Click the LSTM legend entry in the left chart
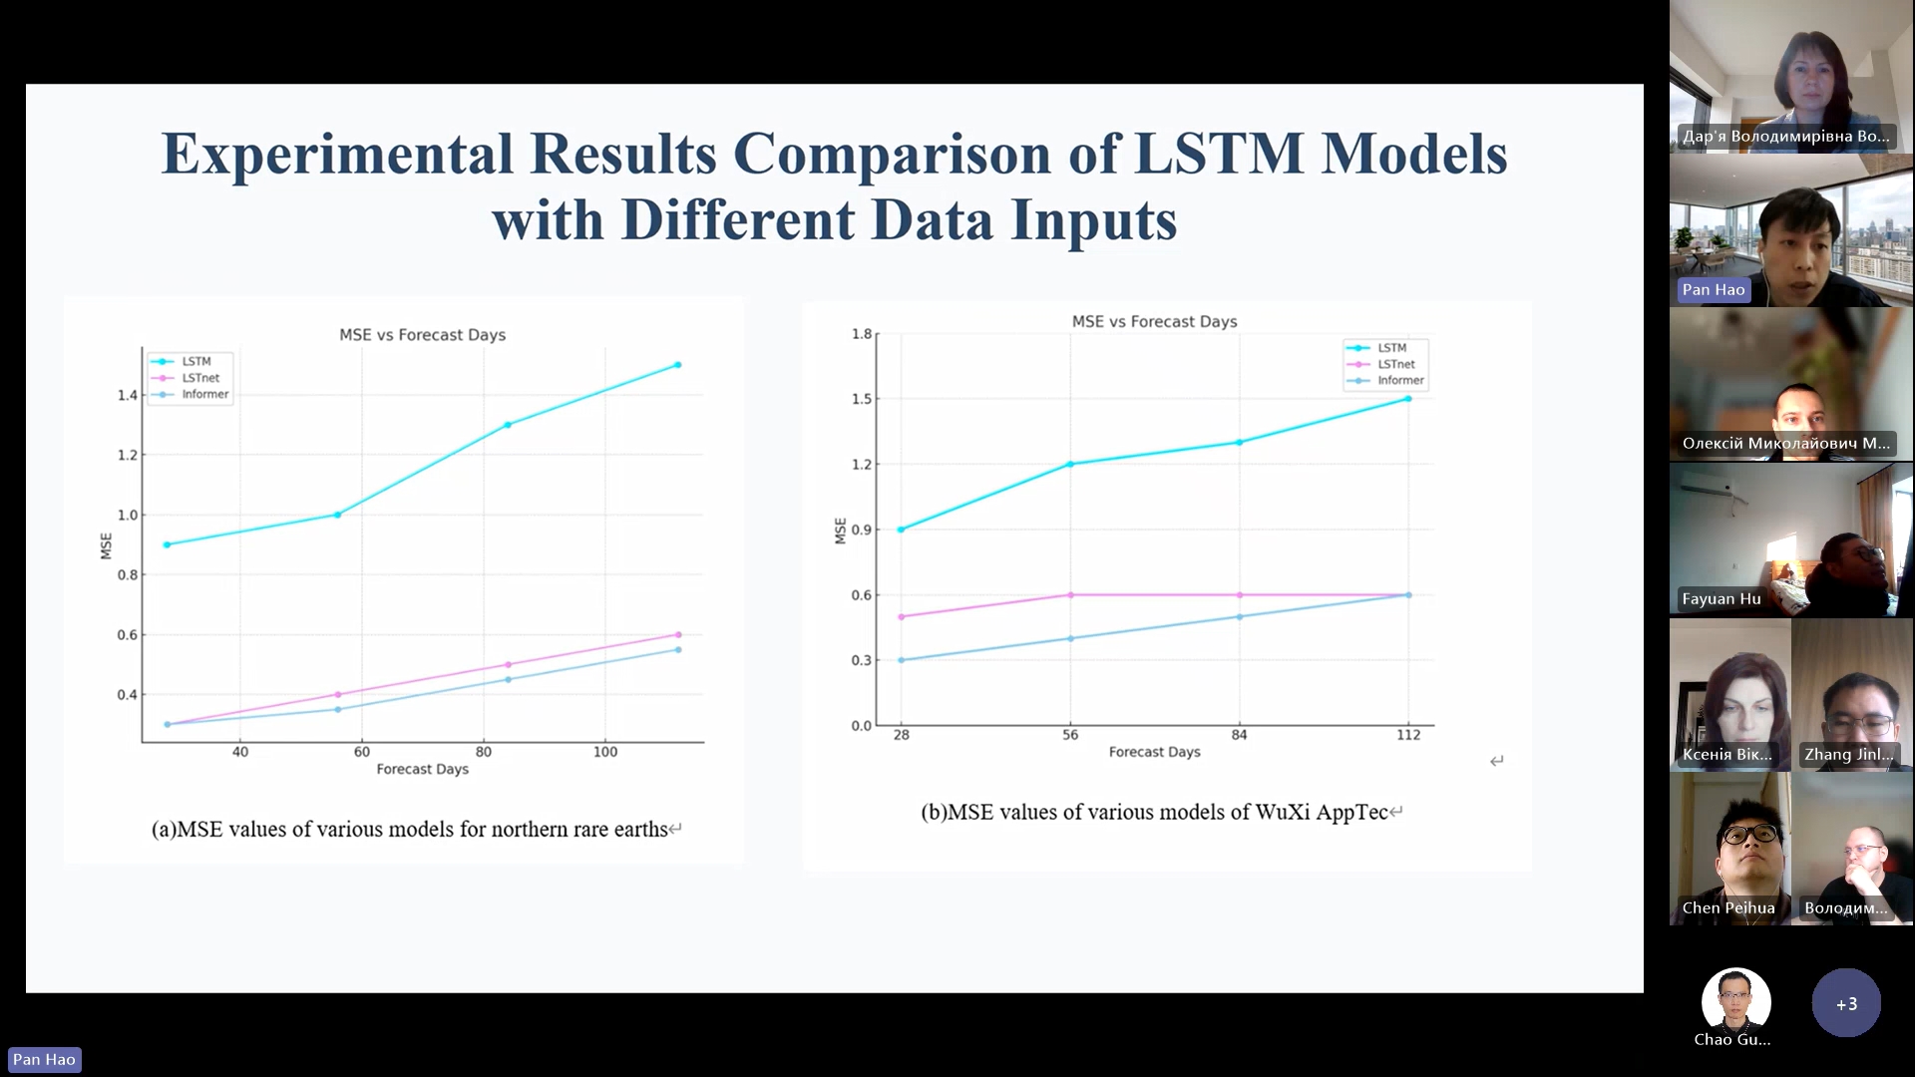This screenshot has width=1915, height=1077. [195, 361]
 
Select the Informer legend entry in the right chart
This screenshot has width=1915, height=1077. [1400, 380]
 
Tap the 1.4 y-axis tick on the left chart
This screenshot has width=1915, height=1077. [128, 395]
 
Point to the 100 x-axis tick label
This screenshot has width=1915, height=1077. [605, 752]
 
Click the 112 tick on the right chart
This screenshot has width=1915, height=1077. [1408, 735]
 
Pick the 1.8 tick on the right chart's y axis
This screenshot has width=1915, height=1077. [862, 333]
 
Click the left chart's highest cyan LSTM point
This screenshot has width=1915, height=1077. [678, 365]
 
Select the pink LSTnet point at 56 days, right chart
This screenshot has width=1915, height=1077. [1070, 595]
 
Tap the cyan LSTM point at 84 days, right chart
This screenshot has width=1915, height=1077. [1240, 442]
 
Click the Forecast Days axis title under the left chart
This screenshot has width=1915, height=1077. [422, 769]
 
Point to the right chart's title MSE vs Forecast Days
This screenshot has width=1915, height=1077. [1154, 321]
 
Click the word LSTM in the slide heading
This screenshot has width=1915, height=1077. [1219, 155]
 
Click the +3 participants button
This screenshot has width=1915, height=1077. [1846, 1003]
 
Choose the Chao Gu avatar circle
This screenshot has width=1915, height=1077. [1735, 1001]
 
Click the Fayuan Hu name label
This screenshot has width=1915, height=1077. [1722, 598]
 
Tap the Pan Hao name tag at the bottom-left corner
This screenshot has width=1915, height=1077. [44, 1059]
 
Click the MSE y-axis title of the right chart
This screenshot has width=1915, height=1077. [840, 531]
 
